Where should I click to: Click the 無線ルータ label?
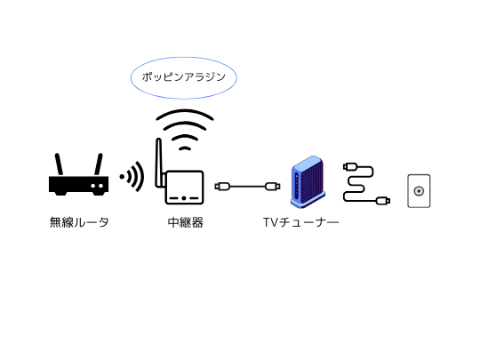(79, 222)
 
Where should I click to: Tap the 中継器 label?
(186, 222)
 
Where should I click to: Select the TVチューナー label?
(301, 222)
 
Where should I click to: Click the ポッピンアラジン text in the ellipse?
(184, 76)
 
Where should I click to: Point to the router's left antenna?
(59, 164)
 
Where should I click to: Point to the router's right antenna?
(99, 164)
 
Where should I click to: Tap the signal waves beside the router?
(132, 177)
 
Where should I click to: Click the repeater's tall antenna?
(158, 163)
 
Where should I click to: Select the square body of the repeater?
(184, 188)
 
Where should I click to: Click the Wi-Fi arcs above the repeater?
(185, 130)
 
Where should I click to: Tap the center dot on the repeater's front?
(184, 198)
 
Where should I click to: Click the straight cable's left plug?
(222, 187)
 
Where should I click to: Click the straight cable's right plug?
(273, 187)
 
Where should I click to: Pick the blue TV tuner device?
(308, 182)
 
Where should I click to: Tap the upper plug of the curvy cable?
(350, 167)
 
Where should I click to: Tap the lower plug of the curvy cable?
(382, 201)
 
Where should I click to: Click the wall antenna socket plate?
(419, 191)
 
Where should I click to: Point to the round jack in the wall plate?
(419, 191)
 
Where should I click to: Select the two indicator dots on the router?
(97, 186)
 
